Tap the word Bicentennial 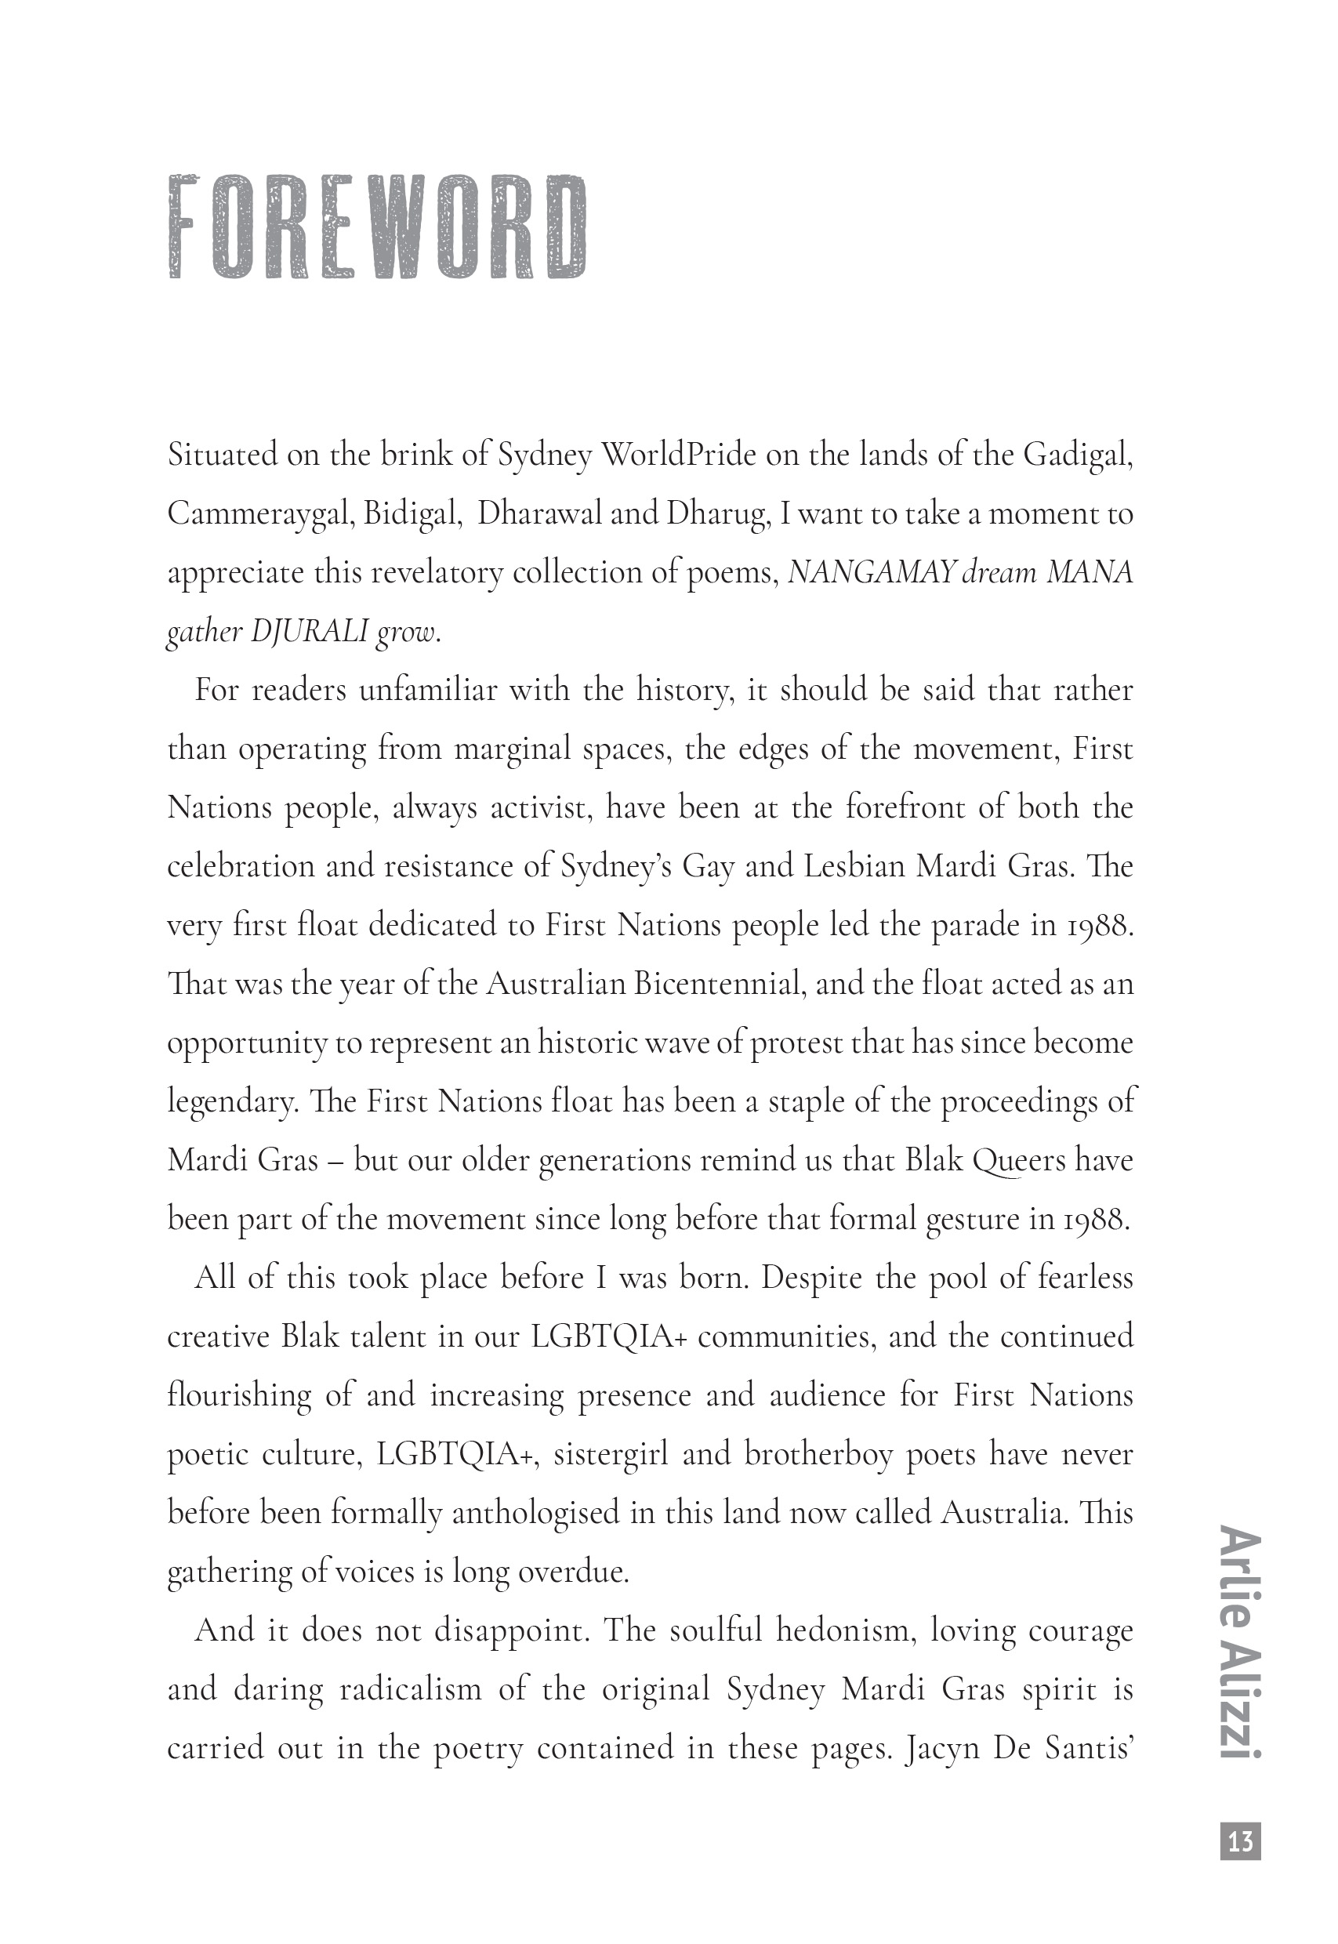point(720,983)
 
